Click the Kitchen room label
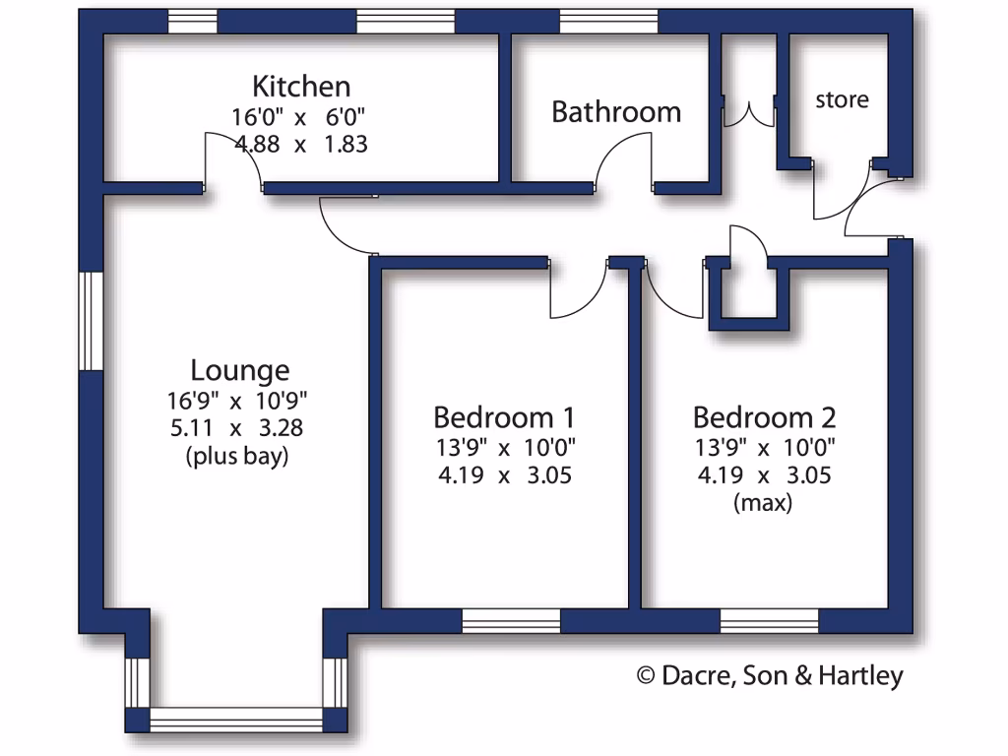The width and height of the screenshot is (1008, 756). tap(301, 86)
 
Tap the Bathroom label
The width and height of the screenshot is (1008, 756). tap(616, 112)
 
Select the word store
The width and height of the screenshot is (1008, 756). tap(842, 99)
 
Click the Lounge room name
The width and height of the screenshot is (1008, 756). tap(240, 371)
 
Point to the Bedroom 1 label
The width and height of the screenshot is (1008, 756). tap(505, 416)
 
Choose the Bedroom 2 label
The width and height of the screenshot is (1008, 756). tap(764, 416)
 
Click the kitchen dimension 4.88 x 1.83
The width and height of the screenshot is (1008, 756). tap(301, 144)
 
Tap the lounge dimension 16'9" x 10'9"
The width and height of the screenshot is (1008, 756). tap(238, 401)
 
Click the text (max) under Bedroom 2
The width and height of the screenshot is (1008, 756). tap(764, 503)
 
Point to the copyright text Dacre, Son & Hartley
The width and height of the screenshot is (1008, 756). tap(770, 675)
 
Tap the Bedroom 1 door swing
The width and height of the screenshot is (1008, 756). tap(577, 292)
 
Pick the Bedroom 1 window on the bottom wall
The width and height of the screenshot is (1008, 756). tap(511, 621)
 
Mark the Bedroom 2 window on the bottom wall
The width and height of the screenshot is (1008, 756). tap(770, 621)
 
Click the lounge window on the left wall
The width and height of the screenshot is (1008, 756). tap(92, 321)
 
